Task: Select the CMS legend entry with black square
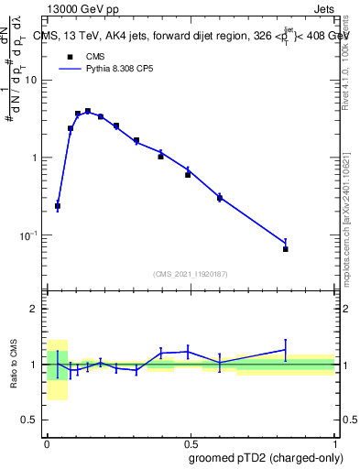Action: click(87, 56)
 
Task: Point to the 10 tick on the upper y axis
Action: click(30, 80)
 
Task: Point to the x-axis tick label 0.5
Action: click(190, 442)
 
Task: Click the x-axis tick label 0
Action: click(47, 442)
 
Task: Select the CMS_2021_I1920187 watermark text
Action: click(190, 274)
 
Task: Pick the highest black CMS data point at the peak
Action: click(88, 112)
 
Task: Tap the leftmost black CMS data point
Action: click(58, 207)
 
